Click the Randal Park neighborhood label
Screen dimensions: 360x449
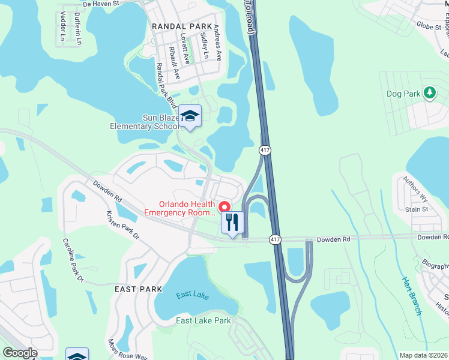coord(182,26)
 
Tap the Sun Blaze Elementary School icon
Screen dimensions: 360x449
coord(190,116)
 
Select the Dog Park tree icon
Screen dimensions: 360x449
coord(429,93)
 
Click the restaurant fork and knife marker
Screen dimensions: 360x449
coord(231,223)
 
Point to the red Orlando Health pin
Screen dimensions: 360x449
coord(226,206)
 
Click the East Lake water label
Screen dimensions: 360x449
coord(193,296)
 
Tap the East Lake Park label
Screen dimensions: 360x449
coord(203,321)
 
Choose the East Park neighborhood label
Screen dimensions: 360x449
coord(139,289)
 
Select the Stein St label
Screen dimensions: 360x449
coord(417,209)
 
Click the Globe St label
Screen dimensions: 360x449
coord(429,25)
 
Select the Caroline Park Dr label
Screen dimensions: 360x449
coord(73,260)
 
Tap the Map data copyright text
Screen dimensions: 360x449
coord(423,356)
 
